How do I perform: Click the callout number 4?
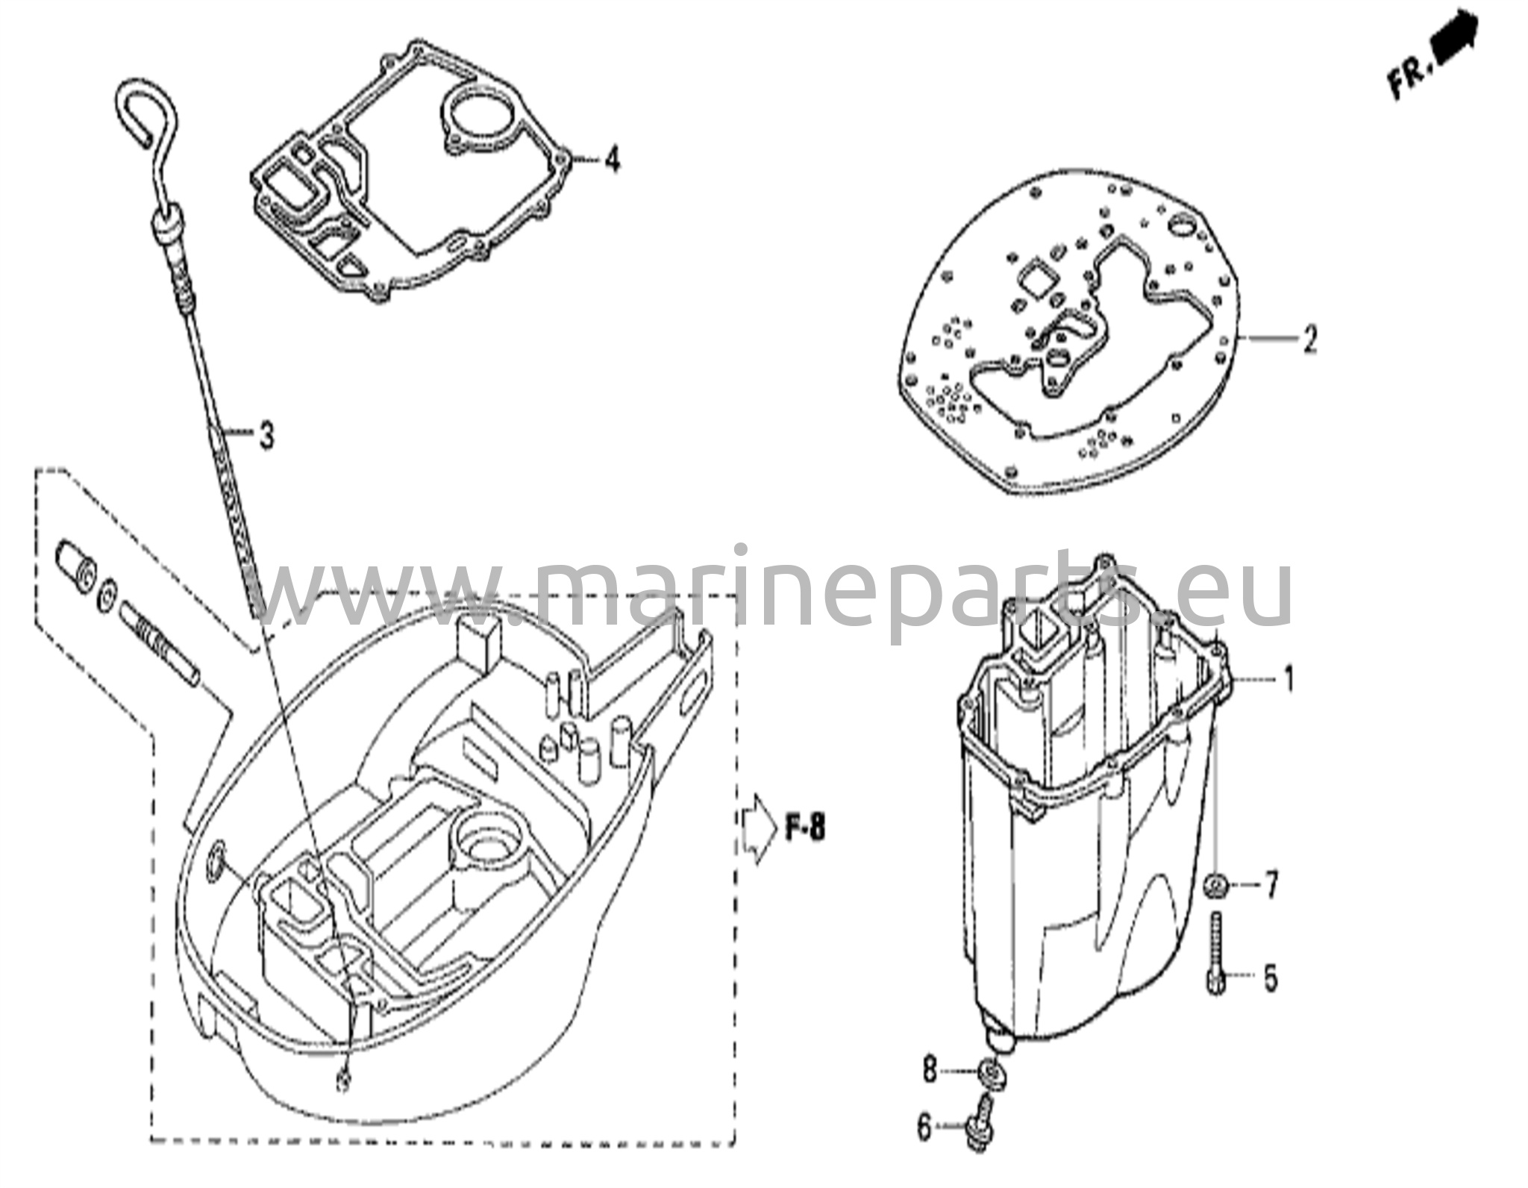click(612, 159)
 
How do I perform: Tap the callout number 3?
click(266, 434)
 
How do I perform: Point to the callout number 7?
click(1270, 886)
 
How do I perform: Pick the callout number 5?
click(1270, 978)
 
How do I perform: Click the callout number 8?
click(929, 1072)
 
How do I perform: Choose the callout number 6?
click(925, 1148)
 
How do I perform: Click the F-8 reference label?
click(805, 828)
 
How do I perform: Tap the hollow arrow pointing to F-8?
click(760, 828)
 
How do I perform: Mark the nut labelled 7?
click(1217, 887)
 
